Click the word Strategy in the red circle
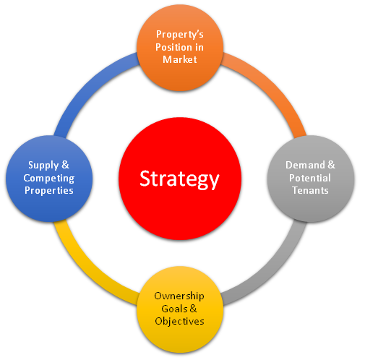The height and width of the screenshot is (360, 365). click(179, 179)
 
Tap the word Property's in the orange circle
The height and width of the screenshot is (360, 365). click(180, 35)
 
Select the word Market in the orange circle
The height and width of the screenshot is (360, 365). click(180, 59)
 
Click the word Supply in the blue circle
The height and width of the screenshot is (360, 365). click(43, 166)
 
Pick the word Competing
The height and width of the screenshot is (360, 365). click(49, 179)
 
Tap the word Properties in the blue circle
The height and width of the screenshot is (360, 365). click(49, 191)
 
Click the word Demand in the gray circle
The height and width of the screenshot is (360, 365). click(305, 165)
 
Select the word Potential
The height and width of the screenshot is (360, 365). click(310, 178)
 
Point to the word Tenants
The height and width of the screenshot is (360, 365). click(310, 190)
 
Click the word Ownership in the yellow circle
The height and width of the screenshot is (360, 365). click(179, 296)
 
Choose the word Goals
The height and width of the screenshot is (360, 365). click(174, 309)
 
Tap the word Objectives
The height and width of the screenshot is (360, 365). click(180, 322)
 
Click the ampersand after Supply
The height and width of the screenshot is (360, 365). click(65, 165)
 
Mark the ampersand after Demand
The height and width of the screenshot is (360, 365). click(331, 165)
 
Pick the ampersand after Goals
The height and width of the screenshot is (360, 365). click(193, 309)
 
